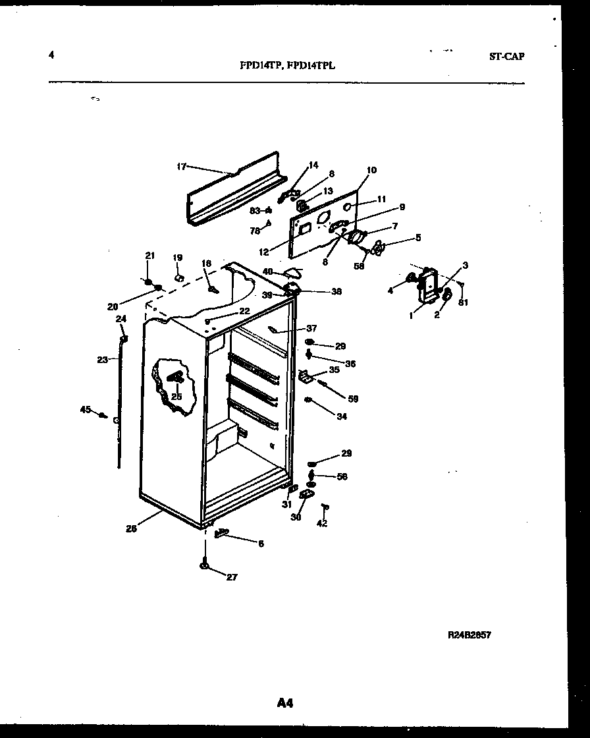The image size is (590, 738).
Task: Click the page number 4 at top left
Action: (x=51, y=55)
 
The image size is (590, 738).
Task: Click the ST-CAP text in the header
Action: (x=506, y=57)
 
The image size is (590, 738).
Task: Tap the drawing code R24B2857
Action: (x=469, y=635)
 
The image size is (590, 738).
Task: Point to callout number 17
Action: (x=182, y=167)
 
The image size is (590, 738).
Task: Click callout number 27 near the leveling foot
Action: (x=231, y=577)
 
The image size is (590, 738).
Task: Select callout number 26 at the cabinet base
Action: (x=132, y=528)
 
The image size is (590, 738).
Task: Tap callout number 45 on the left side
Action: (x=85, y=410)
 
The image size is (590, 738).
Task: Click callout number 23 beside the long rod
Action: (x=102, y=360)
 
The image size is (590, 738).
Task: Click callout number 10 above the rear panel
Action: (x=371, y=170)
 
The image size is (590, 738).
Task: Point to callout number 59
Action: (x=353, y=399)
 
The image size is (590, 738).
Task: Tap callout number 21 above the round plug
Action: (x=149, y=256)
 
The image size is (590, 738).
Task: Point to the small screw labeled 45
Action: (x=103, y=415)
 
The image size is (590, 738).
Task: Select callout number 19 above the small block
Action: (x=177, y=258)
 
